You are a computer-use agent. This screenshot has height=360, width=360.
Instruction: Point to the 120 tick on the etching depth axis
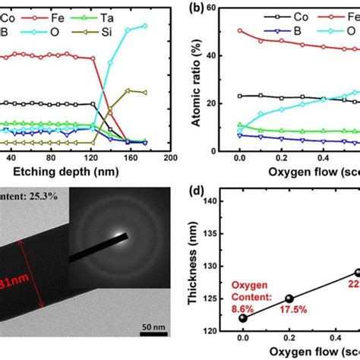(x=93, y=156)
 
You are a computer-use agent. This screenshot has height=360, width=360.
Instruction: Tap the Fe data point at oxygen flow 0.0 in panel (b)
(x=240, y=31)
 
